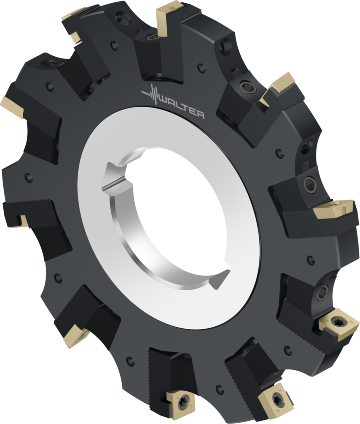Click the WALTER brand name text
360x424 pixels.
tap(182, 107)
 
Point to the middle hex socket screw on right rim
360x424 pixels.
tap(309, 185)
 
